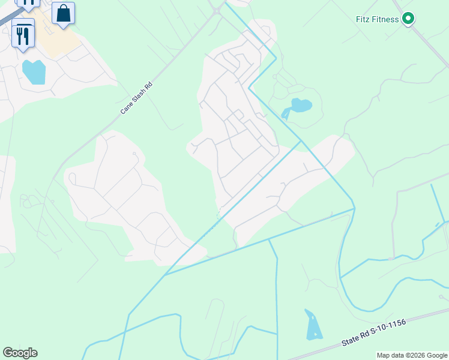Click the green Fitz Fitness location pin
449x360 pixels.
(x=408, y=19)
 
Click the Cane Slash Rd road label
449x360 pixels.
(x=137, y=98)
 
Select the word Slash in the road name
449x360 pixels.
(x=137, y=98)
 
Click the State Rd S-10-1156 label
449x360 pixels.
(x=373, y=332)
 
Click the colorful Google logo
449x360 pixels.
(x=20, y=353)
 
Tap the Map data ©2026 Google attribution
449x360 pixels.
(x=412, y=355)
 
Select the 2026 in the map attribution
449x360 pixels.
(x=417, y=355)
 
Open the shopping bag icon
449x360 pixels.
(x=63, y=13)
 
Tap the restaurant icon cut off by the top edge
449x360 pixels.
(x=28, y=4)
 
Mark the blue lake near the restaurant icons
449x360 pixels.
(x=34, y=72)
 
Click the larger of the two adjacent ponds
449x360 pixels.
(x=301, y=106)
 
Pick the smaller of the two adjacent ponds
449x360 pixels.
(x=285, y=113)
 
